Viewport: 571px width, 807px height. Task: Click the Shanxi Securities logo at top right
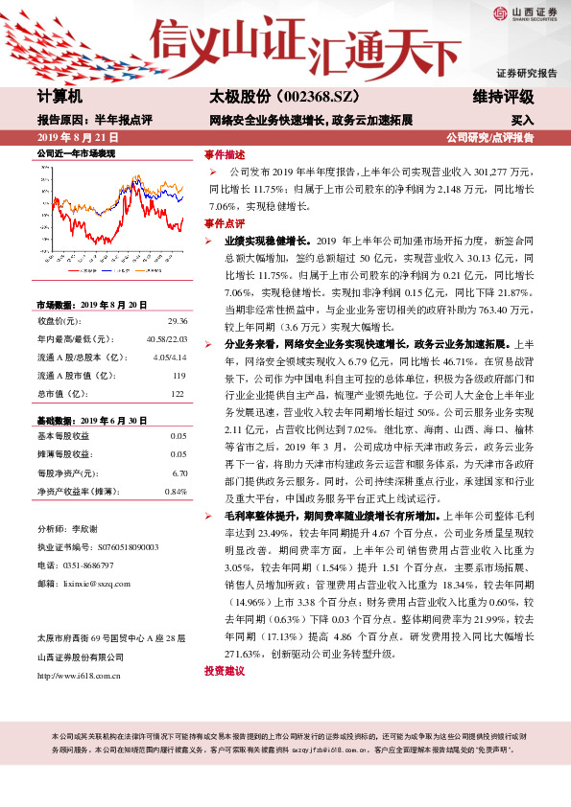pyautogui.click(x=526, y=13)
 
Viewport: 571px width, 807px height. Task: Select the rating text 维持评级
pyautogui.click(x=503, y=97)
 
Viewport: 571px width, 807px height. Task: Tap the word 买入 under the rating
pyautogui.click(x=522, y=122)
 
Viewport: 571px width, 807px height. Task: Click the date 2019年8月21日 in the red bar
pyautogui.click(x=83, y=138)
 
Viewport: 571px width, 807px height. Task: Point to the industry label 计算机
pyautogui.click(x=59, y=97)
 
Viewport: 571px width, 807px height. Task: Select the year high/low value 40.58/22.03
pyautogui.click(x=167, y=338)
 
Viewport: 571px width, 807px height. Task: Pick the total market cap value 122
pyautogui.click(x=178, y=395)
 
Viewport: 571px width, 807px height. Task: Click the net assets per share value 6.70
pyautogui.click(x=178, y=473)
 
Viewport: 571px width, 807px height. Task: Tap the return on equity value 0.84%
pyautogui.click(x=176, y=492)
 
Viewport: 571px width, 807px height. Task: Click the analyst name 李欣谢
pyautogui.click(x=85, y=529)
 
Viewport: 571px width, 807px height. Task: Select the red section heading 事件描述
pyautogui.click(x=225, y=154)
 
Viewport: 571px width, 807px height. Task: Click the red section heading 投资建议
pyautogui.click(x=225, y=672)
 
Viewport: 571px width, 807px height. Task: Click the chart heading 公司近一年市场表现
pyautogui.click(x=76, y=153)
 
